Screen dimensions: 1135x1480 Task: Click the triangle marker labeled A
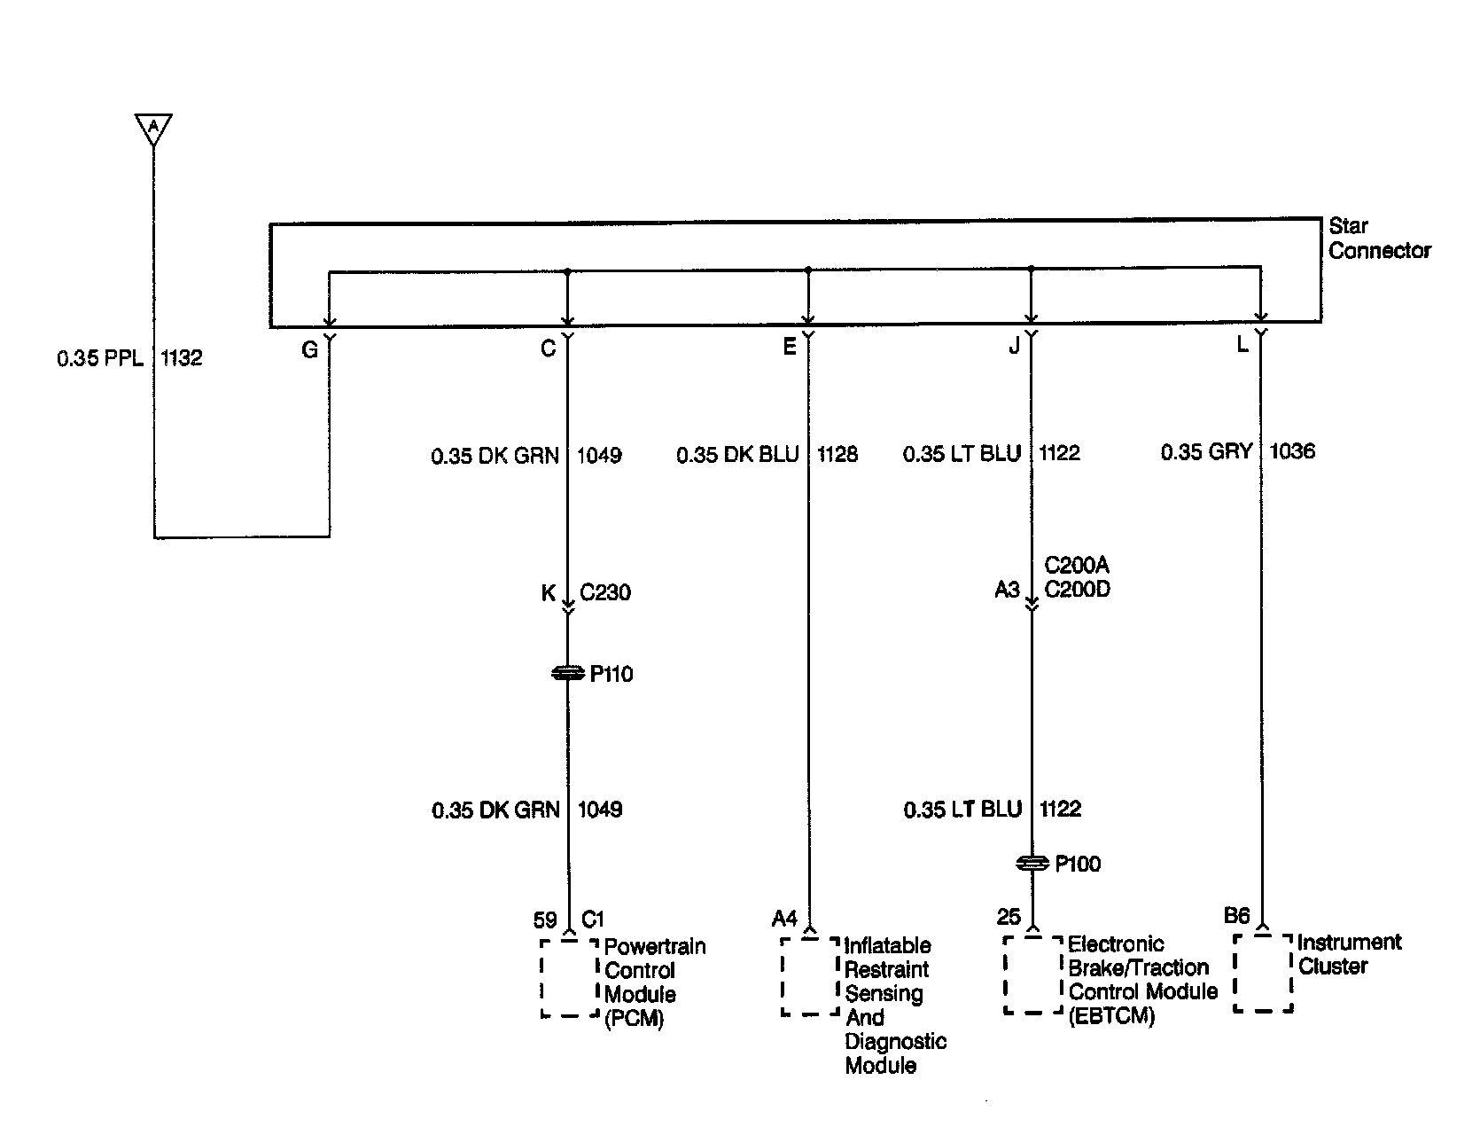[153, 129]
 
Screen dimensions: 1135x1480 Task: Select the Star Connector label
[1378, 239]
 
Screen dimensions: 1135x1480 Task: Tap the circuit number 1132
[182, 358]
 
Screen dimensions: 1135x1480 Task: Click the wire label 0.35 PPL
[99, 358]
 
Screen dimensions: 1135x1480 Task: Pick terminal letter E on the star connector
[790, 348]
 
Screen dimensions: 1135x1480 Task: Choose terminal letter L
[1242, 345]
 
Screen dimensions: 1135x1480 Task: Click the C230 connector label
[605, 592]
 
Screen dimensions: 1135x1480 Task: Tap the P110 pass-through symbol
[568, 675]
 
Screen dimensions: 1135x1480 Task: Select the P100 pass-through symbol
[1032, 864]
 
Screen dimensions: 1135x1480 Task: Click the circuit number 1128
[837, 454]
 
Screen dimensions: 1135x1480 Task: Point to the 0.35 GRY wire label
[1207, 452]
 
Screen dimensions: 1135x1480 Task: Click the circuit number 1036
[1292, 451]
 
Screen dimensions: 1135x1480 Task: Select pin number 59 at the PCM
[545, 920]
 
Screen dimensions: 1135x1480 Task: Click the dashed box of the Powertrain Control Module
[569, 978]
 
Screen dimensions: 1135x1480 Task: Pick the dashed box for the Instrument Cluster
[1263, 972]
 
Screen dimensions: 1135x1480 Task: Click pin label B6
[1236, 916]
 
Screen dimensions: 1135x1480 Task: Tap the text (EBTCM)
[1111, 1016]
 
